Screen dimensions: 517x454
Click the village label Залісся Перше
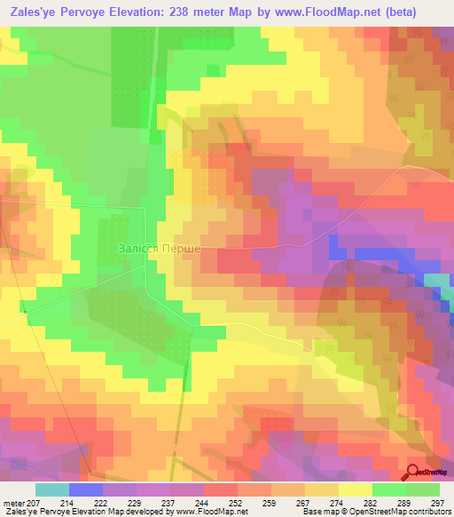tap(160, 250)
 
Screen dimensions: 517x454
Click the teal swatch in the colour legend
tap(52, 489)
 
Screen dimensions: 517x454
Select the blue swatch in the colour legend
tap(86, 489)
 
